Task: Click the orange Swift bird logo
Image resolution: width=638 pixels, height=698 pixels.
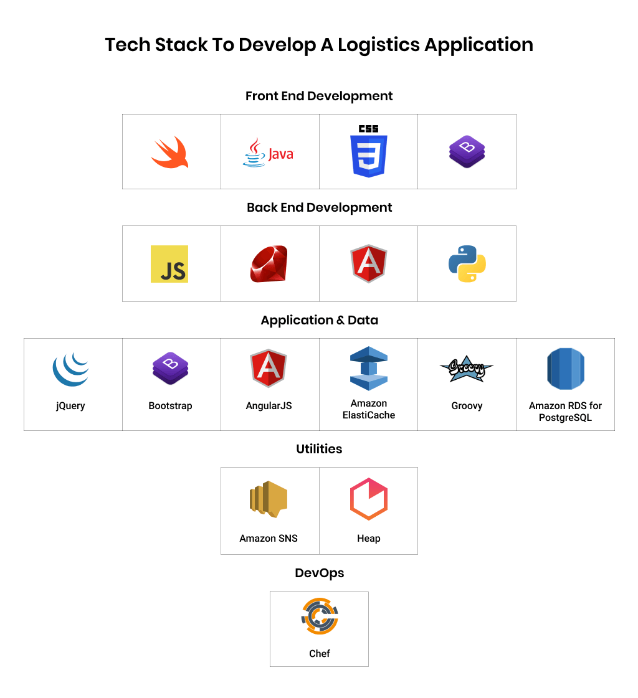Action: (169, 152)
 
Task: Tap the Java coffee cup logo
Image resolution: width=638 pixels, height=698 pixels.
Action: (268, 153)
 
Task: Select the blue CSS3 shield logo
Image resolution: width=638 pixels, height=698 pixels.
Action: (368, 151)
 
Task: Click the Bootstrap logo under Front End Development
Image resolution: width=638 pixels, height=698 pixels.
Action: (467, 151)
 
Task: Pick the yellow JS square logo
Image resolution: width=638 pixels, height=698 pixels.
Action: (169, 264)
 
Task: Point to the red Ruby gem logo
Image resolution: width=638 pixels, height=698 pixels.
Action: (269, 264)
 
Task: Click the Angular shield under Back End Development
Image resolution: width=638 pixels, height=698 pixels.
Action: (368, 264)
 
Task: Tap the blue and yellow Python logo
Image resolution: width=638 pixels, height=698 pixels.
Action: (467, 264)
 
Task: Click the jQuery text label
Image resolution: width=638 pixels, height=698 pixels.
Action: (70, 406)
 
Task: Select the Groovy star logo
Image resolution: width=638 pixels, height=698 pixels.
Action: (466, 369)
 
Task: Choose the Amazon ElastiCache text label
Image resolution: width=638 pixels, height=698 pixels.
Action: (368, 409)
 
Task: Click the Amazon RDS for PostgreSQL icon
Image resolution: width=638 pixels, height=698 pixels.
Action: (565, 369)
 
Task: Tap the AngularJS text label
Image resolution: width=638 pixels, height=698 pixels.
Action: (269, 406)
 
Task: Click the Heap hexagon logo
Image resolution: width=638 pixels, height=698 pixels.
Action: (368, 499)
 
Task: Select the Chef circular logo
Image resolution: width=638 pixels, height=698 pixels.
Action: (319, 616)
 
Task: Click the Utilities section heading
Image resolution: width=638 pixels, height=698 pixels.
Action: (319, 449)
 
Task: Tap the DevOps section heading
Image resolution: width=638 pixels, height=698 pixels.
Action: (319, 573)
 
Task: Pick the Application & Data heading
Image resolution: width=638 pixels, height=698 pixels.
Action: (319, 320)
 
